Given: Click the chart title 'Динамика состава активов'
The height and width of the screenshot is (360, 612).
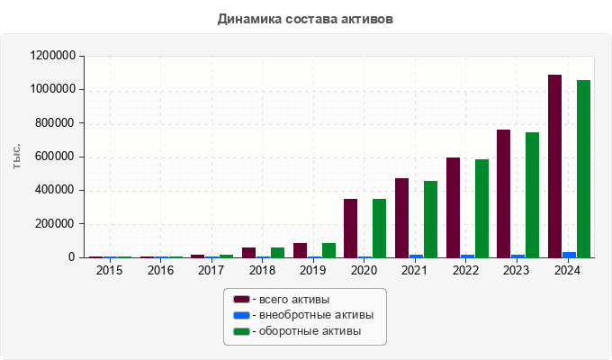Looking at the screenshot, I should pyautogui.click(x=305, y=18).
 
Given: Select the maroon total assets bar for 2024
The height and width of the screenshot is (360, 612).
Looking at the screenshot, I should pyautogui.click(x=554, y=166).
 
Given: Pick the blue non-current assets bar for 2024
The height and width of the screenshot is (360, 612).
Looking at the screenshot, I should pyautogui.click(x=569, y=255).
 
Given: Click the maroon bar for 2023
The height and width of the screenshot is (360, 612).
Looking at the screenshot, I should pyautogui.click(x=503, y=193).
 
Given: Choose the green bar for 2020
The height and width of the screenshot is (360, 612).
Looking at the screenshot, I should pyautogui.click(x=379, y=229).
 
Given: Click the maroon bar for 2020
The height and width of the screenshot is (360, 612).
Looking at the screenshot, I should pyautogui.click(x=350, y=229).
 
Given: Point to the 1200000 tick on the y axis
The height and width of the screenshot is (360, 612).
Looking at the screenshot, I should pyautogui.click(x=52, y=56).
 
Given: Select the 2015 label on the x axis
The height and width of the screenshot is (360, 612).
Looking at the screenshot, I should pyautogui.click(x=110, y=270).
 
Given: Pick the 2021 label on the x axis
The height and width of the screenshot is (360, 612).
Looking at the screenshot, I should pyautogui.click(x=414, y=270).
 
